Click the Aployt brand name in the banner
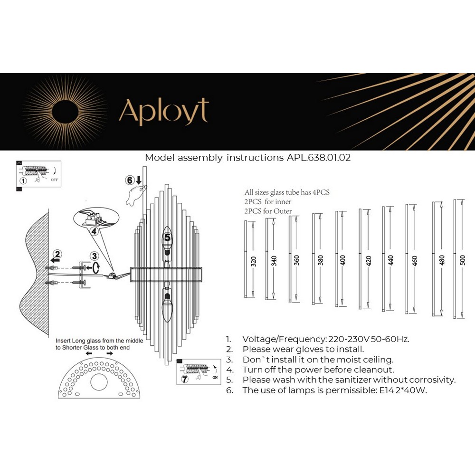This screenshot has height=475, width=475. point(163,113)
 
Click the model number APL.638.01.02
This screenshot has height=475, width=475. point(319,158)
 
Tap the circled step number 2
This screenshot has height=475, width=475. point(57,254)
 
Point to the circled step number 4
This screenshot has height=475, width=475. point(94,231)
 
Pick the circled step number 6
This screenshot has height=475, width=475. point(129,180)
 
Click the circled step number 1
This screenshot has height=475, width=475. point(22,181)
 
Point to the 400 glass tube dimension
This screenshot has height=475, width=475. point(343,259)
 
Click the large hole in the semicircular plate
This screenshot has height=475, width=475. point(100,382)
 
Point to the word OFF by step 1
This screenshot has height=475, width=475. point(55,180)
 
